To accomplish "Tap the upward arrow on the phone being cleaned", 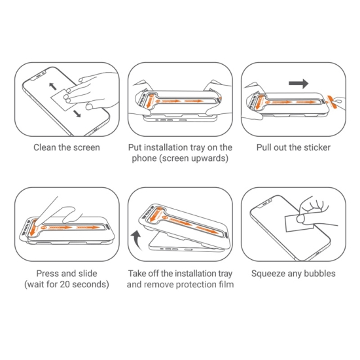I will pyautogui.click(x=52, y=86).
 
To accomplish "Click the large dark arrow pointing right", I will pyautogui.click(x=298, y=83).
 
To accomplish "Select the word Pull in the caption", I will pyautogui.click(x=266, y=147).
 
